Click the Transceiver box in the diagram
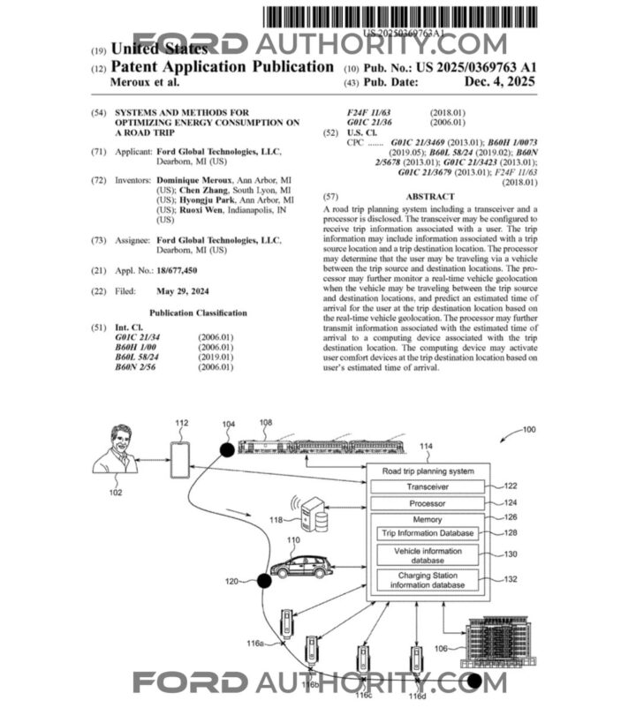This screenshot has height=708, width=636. click(x=427, y=486)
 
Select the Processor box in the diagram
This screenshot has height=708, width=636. click(x=427, y=503)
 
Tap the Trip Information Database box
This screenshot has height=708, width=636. click(x=427, y=533)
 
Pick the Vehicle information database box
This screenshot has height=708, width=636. click(x=427, y=555)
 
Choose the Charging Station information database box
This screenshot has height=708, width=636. click(x=427, y=580)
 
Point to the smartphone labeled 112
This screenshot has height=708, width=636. click(x=180, y=459)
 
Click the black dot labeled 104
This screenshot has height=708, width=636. click(x=227, y=450)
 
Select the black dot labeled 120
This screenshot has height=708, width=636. click(x=262, y=580)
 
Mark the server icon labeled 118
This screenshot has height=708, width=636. click(x=314, y=514)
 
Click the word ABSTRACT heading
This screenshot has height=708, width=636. click(x=428, y=196)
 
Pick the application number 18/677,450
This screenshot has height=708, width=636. click(x=176, y=270)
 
